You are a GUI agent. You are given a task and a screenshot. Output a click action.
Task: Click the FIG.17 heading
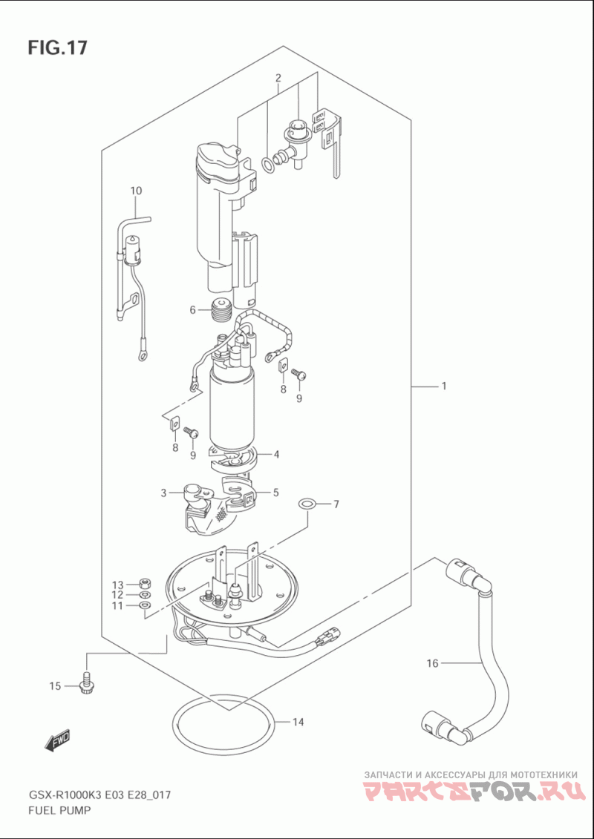[57, 47]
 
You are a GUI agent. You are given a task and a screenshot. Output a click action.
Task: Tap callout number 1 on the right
[444, 385]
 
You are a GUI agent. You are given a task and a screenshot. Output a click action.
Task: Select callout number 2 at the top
[278, 78]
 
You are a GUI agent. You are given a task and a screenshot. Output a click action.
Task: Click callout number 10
[136, 190]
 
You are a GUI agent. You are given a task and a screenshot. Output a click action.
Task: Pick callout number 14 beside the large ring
[298, 723]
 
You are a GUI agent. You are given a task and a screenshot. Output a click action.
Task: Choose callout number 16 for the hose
[433, 663]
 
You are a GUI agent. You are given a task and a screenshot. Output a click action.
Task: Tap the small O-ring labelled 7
[307, 504]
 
